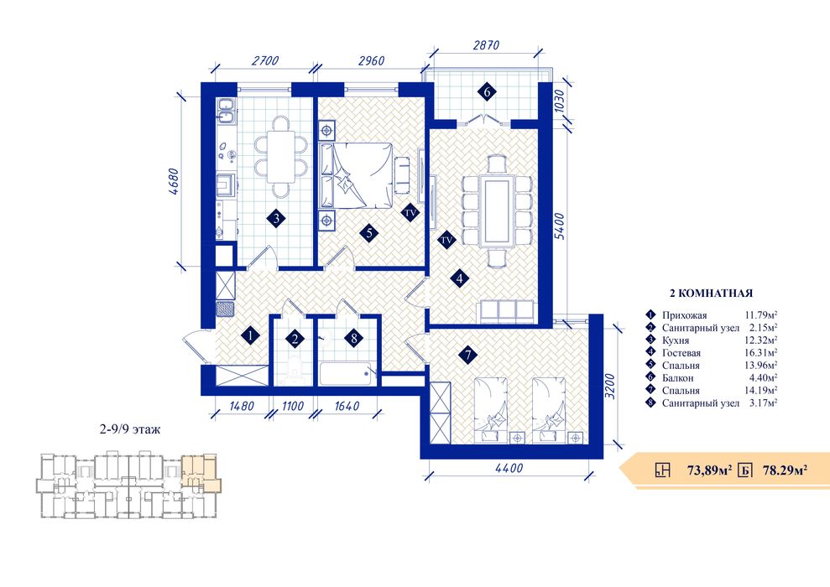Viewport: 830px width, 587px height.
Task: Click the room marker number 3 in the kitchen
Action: pos(276,218)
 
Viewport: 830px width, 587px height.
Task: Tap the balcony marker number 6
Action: pos(487,91)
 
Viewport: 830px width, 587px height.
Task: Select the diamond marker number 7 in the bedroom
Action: pos(468,356)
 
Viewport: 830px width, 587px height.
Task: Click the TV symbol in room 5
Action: pos(410,213)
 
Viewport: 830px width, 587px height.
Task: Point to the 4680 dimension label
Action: pos(178,182)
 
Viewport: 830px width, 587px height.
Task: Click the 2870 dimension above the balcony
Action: pos(485,45)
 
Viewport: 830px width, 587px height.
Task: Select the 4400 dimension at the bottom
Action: pos(509,467)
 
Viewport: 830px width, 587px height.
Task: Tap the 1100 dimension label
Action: pos(292,406)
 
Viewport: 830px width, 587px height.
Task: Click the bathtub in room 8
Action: pos(348,374)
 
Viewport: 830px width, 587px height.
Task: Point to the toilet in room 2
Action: pos(293,368)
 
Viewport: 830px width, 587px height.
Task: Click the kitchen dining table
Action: pos(280,157)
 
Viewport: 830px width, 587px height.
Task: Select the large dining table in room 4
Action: pos(497,210)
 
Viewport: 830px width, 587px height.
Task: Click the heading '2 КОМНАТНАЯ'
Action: pos(711,293)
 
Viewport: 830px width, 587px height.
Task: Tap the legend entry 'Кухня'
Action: pos(676,340)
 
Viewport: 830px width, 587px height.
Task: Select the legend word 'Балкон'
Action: pos(677,378)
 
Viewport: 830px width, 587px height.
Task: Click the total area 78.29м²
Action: pos(785,470)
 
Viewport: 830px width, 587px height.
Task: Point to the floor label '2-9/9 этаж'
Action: pos(130,429)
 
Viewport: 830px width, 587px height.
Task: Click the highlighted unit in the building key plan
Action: pos(200,473)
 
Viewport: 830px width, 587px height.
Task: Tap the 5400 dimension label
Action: pos(560,226)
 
